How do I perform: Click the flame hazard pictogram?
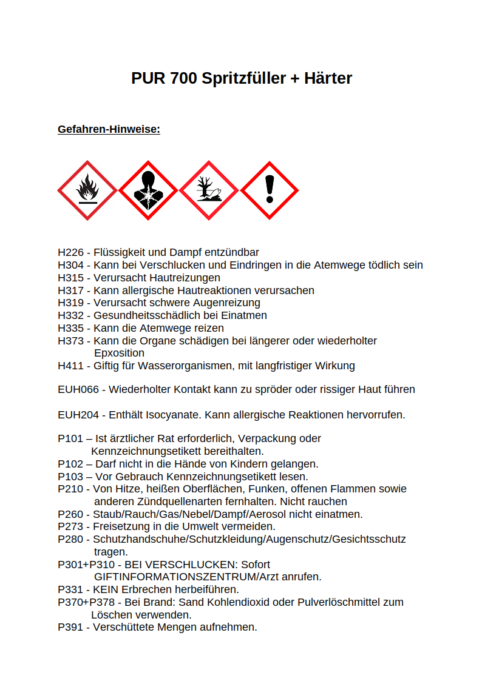click(x=87, y=190)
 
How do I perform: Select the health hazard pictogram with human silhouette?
click(x=148, y=190)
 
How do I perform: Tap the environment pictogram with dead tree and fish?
click(x=209, y=190)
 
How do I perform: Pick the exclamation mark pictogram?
click(x=270, y=190)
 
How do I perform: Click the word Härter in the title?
click(x=328, y=78)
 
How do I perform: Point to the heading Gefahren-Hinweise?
click(x=109, y=129)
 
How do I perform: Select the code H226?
click(x=70, y=252)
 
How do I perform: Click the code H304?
click(x=70, y=265)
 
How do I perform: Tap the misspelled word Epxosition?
click(x=119, y=353)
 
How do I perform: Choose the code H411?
click(x=70, y=366)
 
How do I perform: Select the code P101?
click(x=70, y=438)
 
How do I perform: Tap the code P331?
click(x=70, y=589)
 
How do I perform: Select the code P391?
click(x=70, y=627)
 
